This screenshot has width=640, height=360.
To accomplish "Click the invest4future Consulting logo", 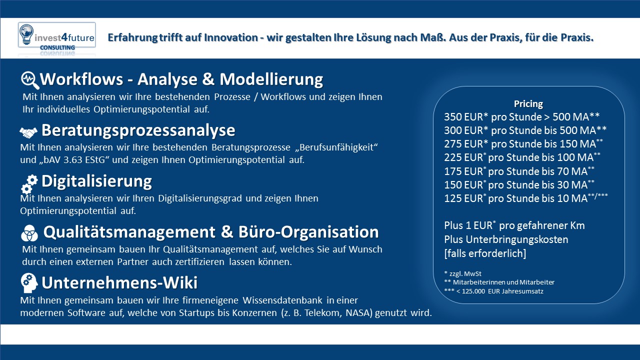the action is (x=57, y=36).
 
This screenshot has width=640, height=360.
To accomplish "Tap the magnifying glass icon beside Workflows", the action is (x=30, y=80).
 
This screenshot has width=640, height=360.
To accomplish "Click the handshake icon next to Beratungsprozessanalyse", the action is (x=28, y=132).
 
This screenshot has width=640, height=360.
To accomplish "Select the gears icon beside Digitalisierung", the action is (x=29, y=184).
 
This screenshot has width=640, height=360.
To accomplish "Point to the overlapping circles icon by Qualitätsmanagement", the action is (x=29, y=233).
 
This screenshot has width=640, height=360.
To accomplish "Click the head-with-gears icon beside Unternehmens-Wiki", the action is (x=29, y=283).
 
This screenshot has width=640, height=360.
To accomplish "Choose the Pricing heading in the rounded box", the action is (x=528, y=104).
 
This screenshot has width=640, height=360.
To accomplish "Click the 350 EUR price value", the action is (x=463, y=117).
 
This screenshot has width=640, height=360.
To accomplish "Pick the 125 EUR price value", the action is (x=463, y=198).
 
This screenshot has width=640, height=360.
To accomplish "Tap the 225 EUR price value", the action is (x=463, y=157).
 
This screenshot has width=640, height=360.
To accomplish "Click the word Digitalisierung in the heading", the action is (x=96, y=181).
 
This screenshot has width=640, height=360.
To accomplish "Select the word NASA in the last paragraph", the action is (x=359, y=313).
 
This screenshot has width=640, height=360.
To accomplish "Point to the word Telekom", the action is (x=323, y=313).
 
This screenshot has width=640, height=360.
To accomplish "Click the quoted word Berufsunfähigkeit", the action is (x=339, y=147).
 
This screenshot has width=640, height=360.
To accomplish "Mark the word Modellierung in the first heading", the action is (x=271, y=79).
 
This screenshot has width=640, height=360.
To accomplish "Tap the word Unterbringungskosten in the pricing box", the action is (x=517, y=239).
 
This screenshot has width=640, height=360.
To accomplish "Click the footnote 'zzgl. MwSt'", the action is (x=463, y=273).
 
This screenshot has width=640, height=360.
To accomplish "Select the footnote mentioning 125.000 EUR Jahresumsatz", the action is (x=493, y=291).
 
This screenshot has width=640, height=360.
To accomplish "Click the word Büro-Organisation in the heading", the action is (x=308, y=232).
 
